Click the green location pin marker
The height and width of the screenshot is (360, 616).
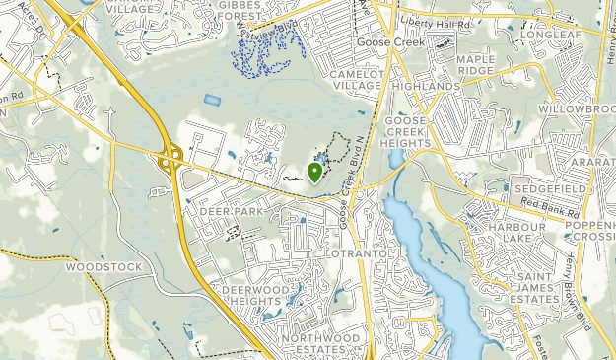tap(314, 173)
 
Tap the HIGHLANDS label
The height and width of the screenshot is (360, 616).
tap(426, 87)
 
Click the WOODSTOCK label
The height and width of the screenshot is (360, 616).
tap(104, 266)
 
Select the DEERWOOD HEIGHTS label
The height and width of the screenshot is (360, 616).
tap(252, 294)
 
